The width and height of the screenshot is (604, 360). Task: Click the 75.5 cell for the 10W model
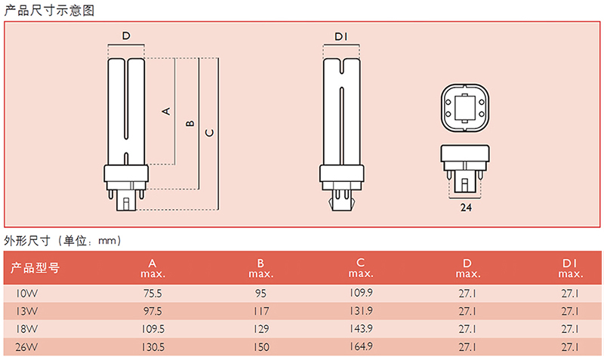153,294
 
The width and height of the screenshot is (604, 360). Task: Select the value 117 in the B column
261,311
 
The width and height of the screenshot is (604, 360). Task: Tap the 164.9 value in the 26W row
361,346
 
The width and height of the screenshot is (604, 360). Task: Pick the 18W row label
26,329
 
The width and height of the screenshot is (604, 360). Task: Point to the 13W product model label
26,311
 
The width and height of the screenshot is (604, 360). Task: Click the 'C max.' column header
361,268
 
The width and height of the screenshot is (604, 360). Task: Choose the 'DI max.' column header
571,269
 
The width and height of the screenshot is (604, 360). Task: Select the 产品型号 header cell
35,268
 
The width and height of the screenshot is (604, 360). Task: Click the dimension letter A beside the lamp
166,112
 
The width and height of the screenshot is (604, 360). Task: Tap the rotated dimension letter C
209,133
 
